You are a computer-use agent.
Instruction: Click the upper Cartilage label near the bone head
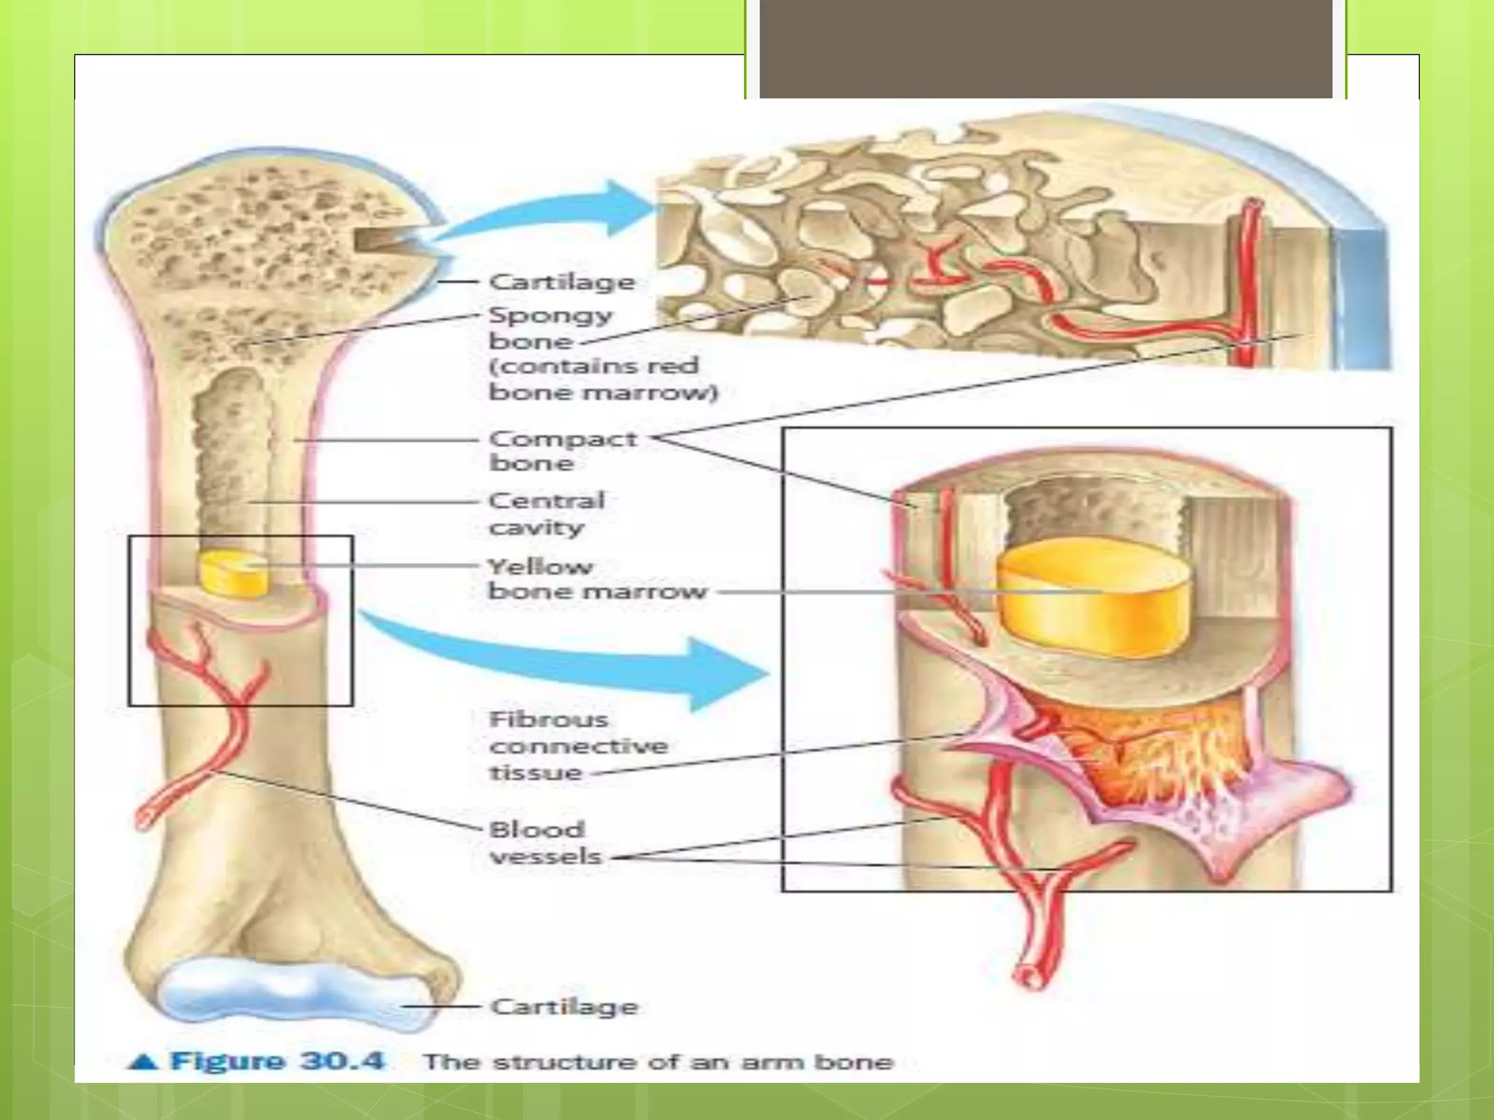pyautogui.click(x=562, y=281)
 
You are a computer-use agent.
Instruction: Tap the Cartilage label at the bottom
pyautogui.click(x=564, y=1007)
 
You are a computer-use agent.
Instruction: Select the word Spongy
pyautogui.click(x=551, y=316)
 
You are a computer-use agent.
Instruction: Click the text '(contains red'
pyautogui.click(x=594, y=365)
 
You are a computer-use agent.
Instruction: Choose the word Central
pyautogui.click(x=546, y=501)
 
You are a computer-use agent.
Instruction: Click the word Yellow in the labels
pyautogui.click(x=541, y=567)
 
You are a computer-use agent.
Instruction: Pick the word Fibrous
pyautogui.click(x=549, y=720)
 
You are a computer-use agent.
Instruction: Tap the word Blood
pyautogui.click(x=537, y=830)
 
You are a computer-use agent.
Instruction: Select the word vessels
pyautogui.click(x=546, y=856)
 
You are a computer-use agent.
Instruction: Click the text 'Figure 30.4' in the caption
pyautogui.click(x=276, y=1061)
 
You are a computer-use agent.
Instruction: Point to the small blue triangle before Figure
pyautogui.click(x=143, y=1062)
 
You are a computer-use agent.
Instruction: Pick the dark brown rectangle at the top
pyautogui.click(x=1045, y=48)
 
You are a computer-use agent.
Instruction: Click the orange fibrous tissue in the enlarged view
pyautogui.click(x=1138, y=758)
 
